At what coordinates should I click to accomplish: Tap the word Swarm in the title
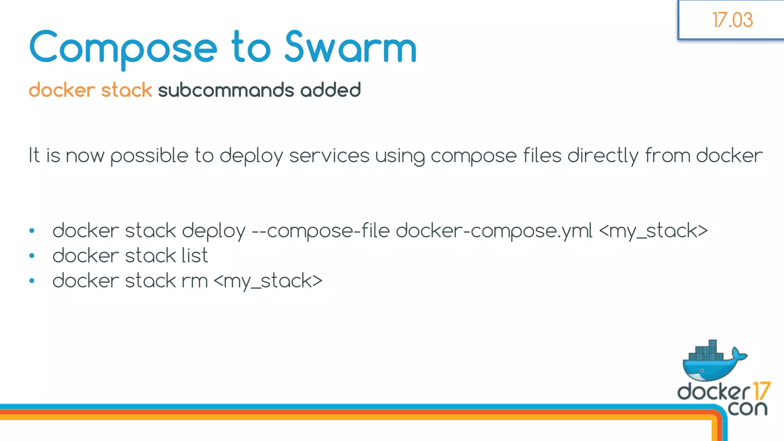click(351, 47)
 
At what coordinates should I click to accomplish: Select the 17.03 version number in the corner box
click(732, 20)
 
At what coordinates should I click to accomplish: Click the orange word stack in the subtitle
click(126, 90)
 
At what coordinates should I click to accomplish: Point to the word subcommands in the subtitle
click(226, 90)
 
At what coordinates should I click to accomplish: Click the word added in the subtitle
click(330, 90)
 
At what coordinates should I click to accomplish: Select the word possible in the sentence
click(149, 156)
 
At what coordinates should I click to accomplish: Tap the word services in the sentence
click(329, 156)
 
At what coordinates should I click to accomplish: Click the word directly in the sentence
click(603, 156)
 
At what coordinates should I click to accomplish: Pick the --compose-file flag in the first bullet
click(320, 231)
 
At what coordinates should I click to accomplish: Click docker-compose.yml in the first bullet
click(494, 231)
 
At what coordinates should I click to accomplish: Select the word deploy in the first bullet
click(213, 231)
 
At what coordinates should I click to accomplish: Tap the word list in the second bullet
click(194, 256)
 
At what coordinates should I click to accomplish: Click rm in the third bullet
click(194, 281)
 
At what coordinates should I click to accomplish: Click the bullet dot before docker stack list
click(32, 256)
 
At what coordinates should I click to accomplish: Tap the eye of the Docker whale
click(702, 370)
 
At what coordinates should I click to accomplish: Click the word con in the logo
click(748, 408)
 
